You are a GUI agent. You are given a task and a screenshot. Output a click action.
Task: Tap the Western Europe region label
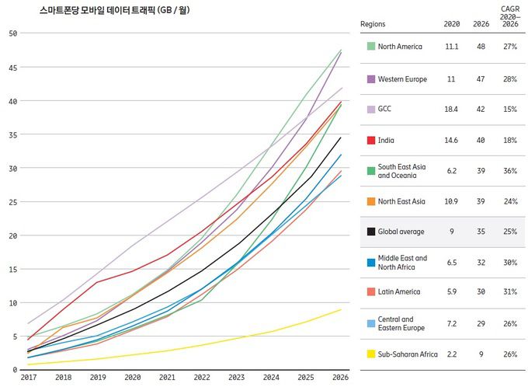pyautogui.click(x=401, y=79)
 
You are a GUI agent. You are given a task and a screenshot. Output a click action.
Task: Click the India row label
pyautogui.click(x=387, y=141)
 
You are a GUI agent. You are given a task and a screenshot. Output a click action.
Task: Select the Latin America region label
pyautogui.click(x=399, y=292)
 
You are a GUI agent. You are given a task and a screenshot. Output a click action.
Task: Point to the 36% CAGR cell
pyautogui.click(x=509, y=171)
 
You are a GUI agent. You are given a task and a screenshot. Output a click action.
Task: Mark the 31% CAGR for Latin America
pyautogui.click(x=509, y=292)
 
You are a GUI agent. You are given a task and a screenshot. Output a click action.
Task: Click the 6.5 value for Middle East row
pyautogui.click(x=452, y=263)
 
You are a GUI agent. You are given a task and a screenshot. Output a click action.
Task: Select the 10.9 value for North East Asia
pyautogui.click(x=452, y=201)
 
